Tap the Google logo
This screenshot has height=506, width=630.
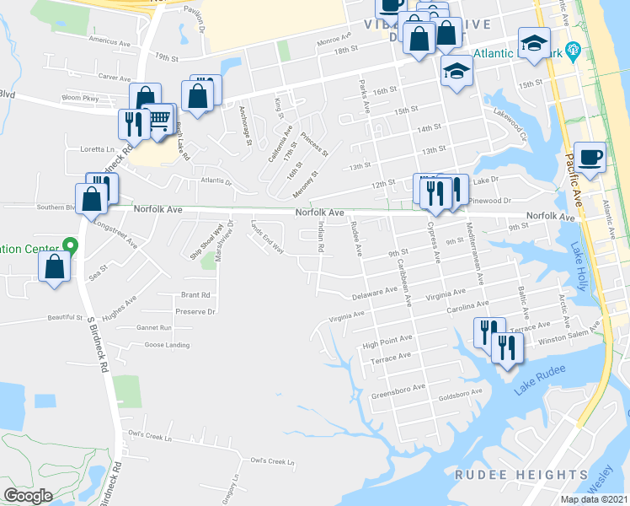28,495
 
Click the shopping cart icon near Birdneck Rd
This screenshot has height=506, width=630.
159,120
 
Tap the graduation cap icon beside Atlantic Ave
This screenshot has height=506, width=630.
533,44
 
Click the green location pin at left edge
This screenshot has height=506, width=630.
70,246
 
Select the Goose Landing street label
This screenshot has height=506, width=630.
167,345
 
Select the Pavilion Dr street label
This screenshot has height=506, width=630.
195,16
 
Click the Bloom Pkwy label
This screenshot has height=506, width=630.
80,99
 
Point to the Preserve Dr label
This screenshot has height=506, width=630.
199,311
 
